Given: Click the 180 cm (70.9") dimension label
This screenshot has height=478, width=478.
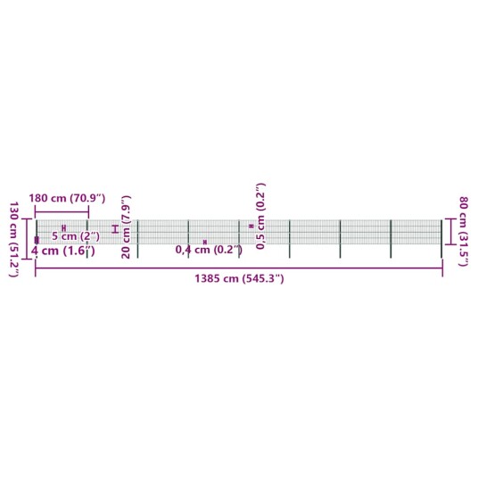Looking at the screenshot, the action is [67, 199].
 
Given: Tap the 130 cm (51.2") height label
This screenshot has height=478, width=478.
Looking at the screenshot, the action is [14, 239].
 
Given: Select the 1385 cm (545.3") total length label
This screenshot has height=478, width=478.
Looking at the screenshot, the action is [239, 278].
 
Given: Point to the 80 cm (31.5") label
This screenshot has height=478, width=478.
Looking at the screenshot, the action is [464, 231].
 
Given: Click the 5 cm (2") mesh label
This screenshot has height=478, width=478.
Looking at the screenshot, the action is [76, 236].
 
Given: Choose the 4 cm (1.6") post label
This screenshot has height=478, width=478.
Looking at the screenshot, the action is [63, 251].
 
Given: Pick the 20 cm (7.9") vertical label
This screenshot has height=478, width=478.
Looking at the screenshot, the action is [126, 227].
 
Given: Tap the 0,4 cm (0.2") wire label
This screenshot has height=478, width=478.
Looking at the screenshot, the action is [209, 250].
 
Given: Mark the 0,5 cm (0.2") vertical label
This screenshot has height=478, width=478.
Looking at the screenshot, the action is [261, 216].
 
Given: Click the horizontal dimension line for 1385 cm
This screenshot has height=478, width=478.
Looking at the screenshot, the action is [239, 268].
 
